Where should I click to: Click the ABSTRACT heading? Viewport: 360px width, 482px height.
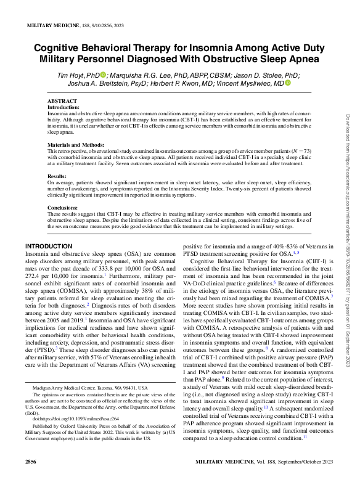click(62, 101)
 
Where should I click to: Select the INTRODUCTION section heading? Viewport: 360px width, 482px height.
click(49, 247)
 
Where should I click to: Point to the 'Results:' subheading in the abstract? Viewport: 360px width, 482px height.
click(57, 176)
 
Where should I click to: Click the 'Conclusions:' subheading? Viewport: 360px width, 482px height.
click(63, 208)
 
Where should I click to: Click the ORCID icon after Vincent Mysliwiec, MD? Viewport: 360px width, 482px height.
click(288, 83)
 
